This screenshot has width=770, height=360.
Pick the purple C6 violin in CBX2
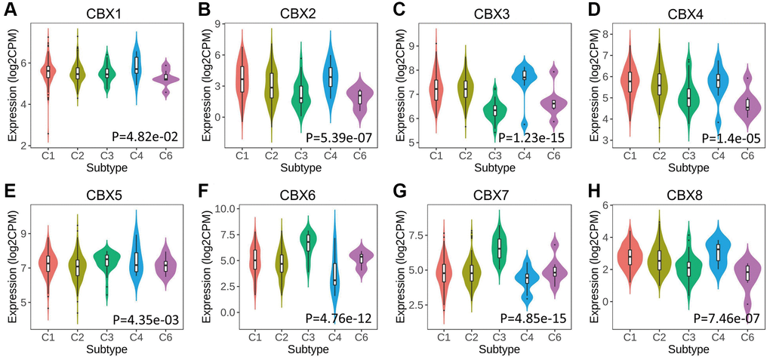359,98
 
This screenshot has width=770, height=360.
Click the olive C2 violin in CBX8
660,260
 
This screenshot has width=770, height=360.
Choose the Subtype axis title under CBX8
686,349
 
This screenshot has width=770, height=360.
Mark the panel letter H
584,192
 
